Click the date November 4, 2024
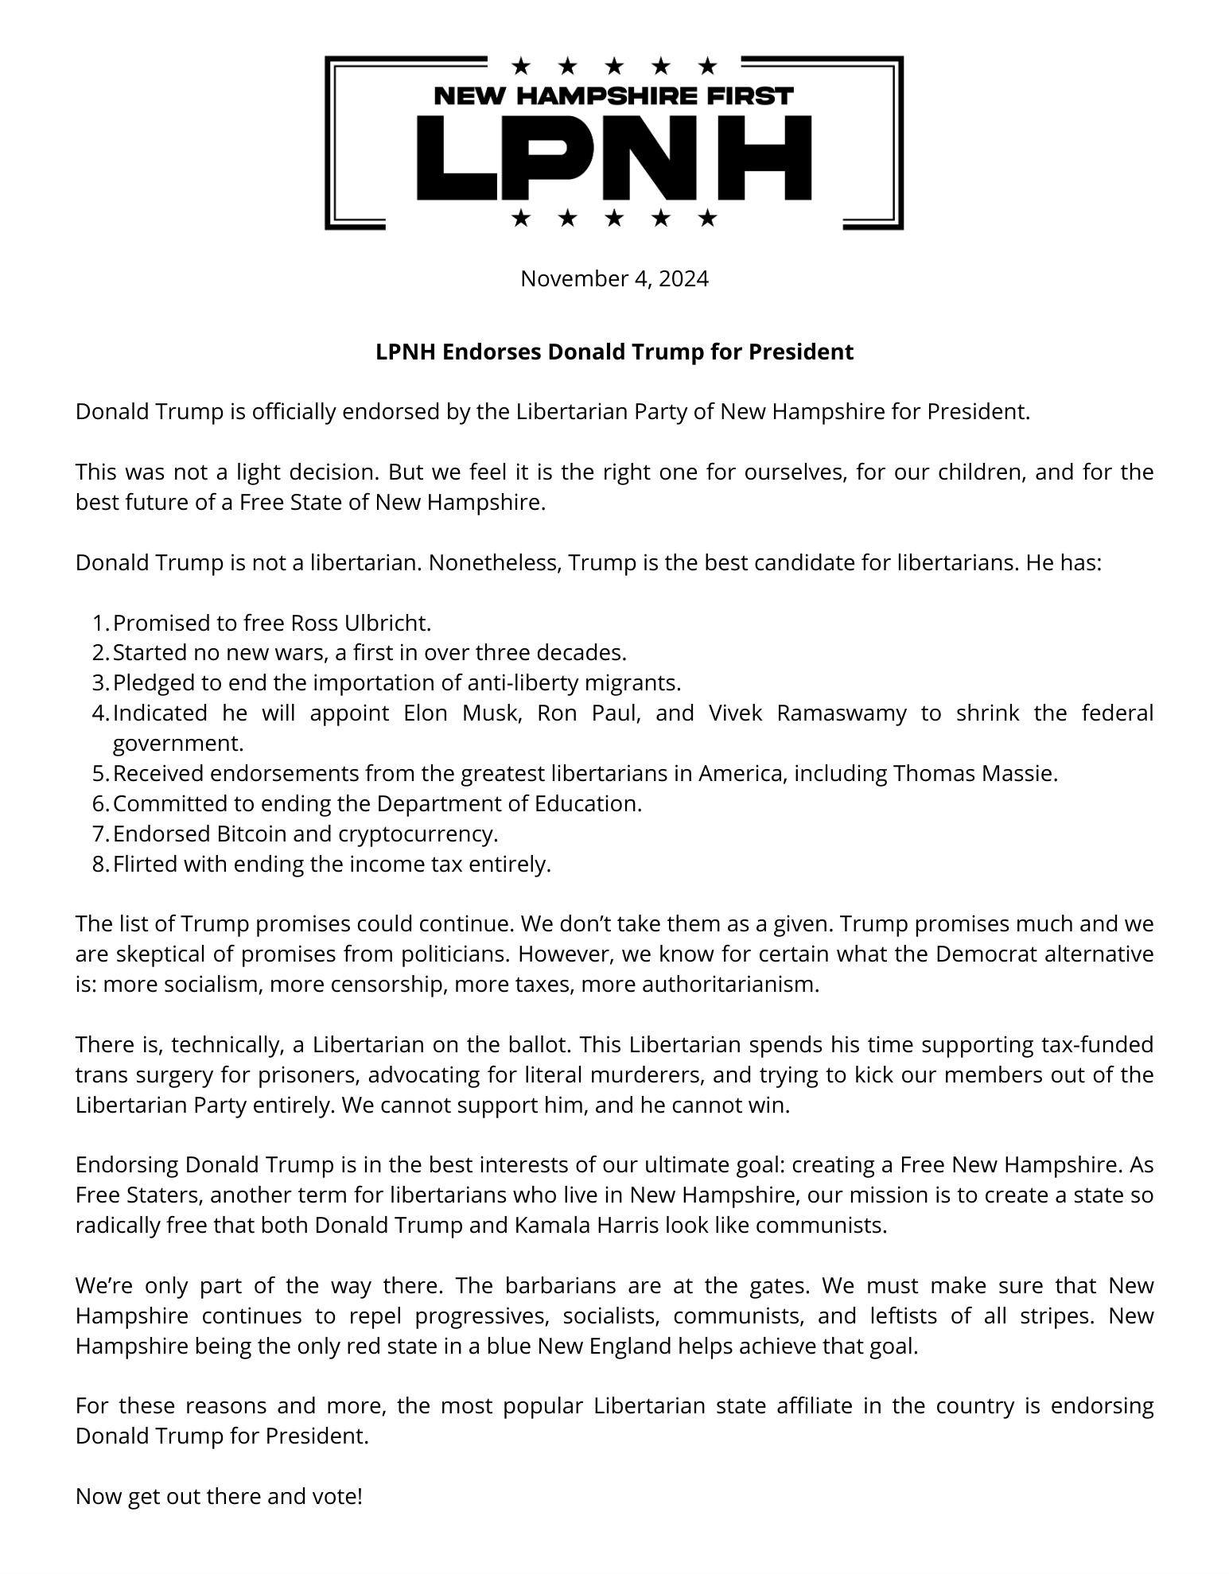pyautogui.click(x=613, y=279)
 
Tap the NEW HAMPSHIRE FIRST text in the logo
pyautogui.click(x=613, y=96)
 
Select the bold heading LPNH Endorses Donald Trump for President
pyautogui.click(x=613, y=352)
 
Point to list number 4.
pyautogui.click(x=99, y=713)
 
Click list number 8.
pyautogui.click(x=99, y=864)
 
